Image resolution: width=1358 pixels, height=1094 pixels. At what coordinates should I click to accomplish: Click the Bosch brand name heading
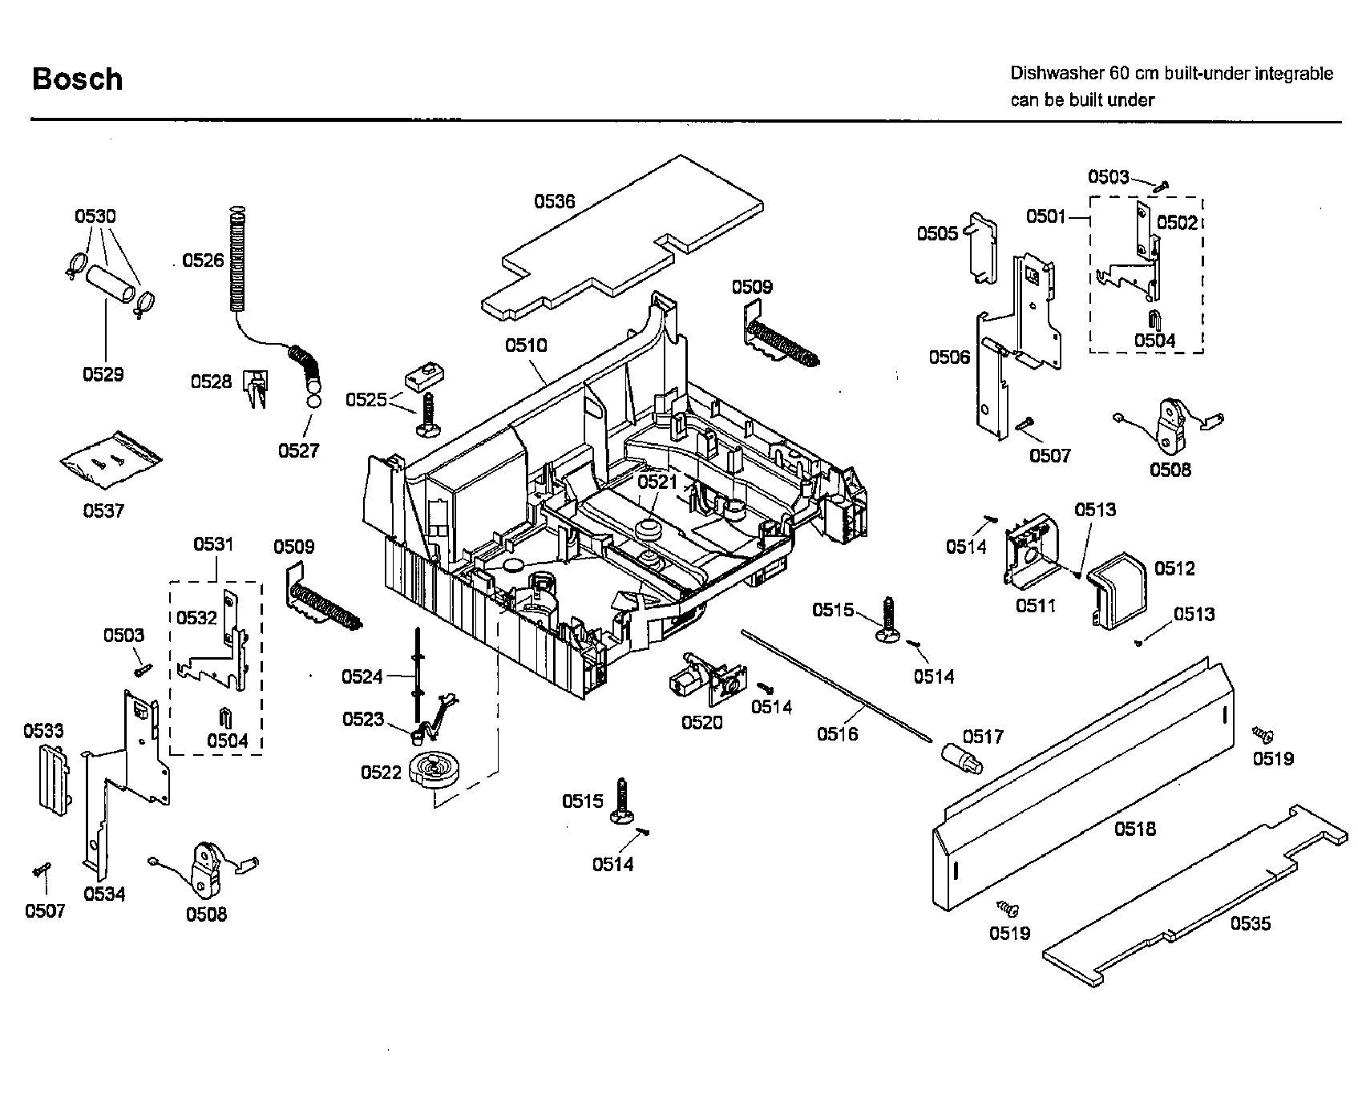point(77,79)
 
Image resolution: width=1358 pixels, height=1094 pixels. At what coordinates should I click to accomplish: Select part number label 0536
point(555,201)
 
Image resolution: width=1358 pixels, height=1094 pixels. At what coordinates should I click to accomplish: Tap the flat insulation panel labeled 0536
point(625,240)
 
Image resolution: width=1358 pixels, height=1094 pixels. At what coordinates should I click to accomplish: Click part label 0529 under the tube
point(103,374)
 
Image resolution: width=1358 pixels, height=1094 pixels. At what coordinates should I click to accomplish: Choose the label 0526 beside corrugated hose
point(203,260)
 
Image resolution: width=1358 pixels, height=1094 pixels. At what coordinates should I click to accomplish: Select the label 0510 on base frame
point(526,345)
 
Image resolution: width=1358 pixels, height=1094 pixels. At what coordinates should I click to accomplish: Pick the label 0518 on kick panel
point(1135,829)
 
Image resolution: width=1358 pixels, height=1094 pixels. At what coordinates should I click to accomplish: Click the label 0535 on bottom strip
point(1251,923)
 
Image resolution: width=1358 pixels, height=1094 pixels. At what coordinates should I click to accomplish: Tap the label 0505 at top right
point(937,233)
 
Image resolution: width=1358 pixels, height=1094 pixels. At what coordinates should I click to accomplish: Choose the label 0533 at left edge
point(43,730)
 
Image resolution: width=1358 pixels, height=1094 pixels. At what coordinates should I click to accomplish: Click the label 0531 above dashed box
point(213,544)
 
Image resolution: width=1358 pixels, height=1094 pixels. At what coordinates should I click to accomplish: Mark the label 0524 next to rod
point(362,676)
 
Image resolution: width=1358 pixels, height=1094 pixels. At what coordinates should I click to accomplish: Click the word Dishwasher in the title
point(1056,74)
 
